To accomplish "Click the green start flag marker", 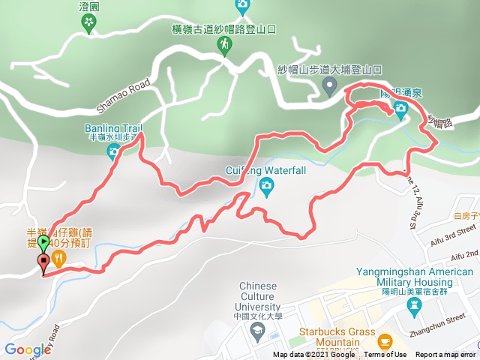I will click(x=43, y=244).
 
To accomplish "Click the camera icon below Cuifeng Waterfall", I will click(x=266, y=185).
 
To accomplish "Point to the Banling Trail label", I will click(x=112, y=127).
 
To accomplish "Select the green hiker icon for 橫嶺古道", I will click(x=224, y=46).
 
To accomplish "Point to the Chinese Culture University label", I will click(x=257, y=295).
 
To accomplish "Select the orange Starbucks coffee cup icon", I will click(x=385, y=342).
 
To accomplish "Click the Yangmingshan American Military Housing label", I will click(x=415, y=277).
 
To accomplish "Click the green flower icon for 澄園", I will click(x=89, y=23).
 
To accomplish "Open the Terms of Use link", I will click(x=385, y=355).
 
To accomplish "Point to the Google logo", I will click(x=27, y=349).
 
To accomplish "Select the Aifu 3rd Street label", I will click(x=452, y=236).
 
